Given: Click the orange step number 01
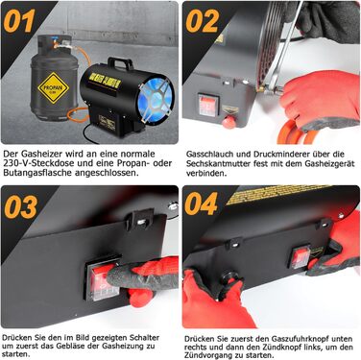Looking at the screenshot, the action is [x=19, y=21].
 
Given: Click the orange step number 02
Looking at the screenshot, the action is [x=203, y=21].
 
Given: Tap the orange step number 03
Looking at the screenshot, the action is [x=21, y=207].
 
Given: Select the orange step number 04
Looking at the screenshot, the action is [x=202, y=204].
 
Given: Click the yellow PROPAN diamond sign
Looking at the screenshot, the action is [x=54, y=87].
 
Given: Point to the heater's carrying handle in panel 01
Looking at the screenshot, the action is [x=120, y=62].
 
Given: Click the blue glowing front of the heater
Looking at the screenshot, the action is [x=156, y=99].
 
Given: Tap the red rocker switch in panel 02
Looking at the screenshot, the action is [x=208, y=105].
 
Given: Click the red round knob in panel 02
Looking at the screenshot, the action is [x=229, y=122].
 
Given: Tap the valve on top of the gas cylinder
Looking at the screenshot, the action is [x=58, y=44].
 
